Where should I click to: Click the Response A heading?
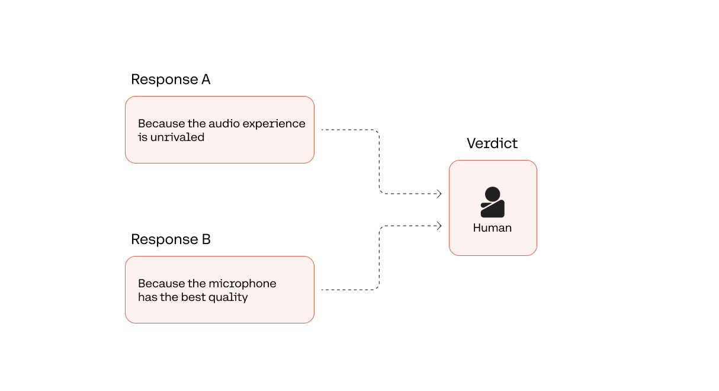pos(171,79)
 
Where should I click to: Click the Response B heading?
pos(171,239)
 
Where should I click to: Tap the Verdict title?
pos(492,143)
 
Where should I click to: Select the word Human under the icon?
pos(492,228)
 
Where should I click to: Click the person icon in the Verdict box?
pos(492,202)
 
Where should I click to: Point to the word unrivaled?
pos(177,137)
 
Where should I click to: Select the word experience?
pos(274,124)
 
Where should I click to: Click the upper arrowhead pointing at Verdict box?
pos(439,194)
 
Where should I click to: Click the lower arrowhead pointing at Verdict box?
pos(439,226)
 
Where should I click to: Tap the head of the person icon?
pos(492,194)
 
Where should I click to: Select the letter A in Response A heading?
pos(206,79)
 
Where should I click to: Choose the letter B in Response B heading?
pos(206,239)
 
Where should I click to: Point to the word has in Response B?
pos(147,297)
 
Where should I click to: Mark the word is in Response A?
pos(143,137)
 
